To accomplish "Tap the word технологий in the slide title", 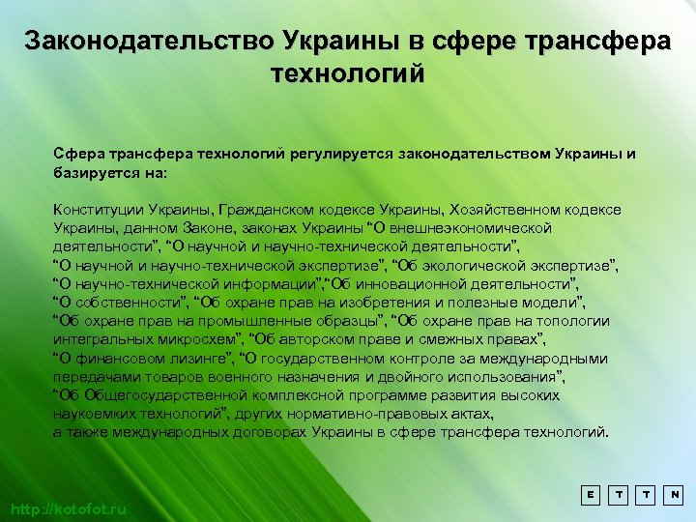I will [x=348, y=73].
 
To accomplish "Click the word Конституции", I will [x=98, y=209].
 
